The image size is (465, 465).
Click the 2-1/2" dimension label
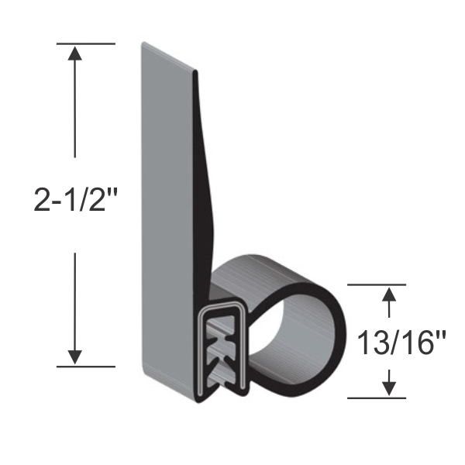[74, 202]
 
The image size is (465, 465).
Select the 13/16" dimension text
[391, 342]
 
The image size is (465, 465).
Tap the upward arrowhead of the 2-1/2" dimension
[74, 53]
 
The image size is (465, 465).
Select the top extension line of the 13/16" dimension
[376, 284]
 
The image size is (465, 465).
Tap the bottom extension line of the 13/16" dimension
[376, 398]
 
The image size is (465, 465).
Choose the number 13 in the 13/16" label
[370, 342]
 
